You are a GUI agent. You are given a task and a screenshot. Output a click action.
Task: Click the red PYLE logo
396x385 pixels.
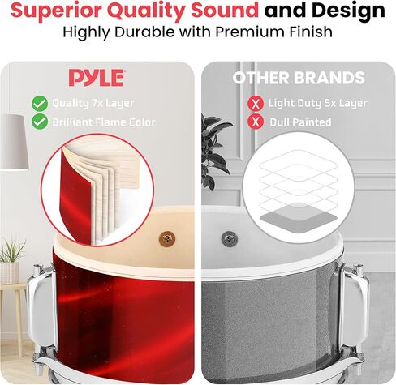click(x=97, y=78)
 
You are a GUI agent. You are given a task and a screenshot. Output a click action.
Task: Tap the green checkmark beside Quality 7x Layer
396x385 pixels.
click(x=40, y=104)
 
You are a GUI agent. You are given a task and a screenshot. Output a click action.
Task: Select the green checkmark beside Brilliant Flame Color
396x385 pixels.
click(x=40, y=122)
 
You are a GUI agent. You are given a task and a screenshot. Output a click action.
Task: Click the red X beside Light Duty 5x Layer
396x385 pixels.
click(x=256, y=104)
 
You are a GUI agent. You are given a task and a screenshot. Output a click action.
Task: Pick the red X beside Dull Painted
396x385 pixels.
click(x=256, y=122)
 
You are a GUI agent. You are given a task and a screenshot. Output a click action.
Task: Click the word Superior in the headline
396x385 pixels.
click(x=56, y=11)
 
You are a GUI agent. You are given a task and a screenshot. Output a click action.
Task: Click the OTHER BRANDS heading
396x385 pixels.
click(x=299, y=78)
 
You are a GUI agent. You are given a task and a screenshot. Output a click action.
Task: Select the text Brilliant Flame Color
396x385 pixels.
click(x=104, y=122)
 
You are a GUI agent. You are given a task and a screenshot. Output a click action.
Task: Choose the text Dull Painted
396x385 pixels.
click(x=300, y=122)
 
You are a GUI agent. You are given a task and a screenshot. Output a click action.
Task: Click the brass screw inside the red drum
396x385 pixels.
click(x=167, y=238)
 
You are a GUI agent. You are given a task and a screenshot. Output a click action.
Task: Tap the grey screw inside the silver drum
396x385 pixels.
click(x=230, y=237)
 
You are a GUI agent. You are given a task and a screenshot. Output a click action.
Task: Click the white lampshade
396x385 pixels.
click(x=14, y=143)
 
